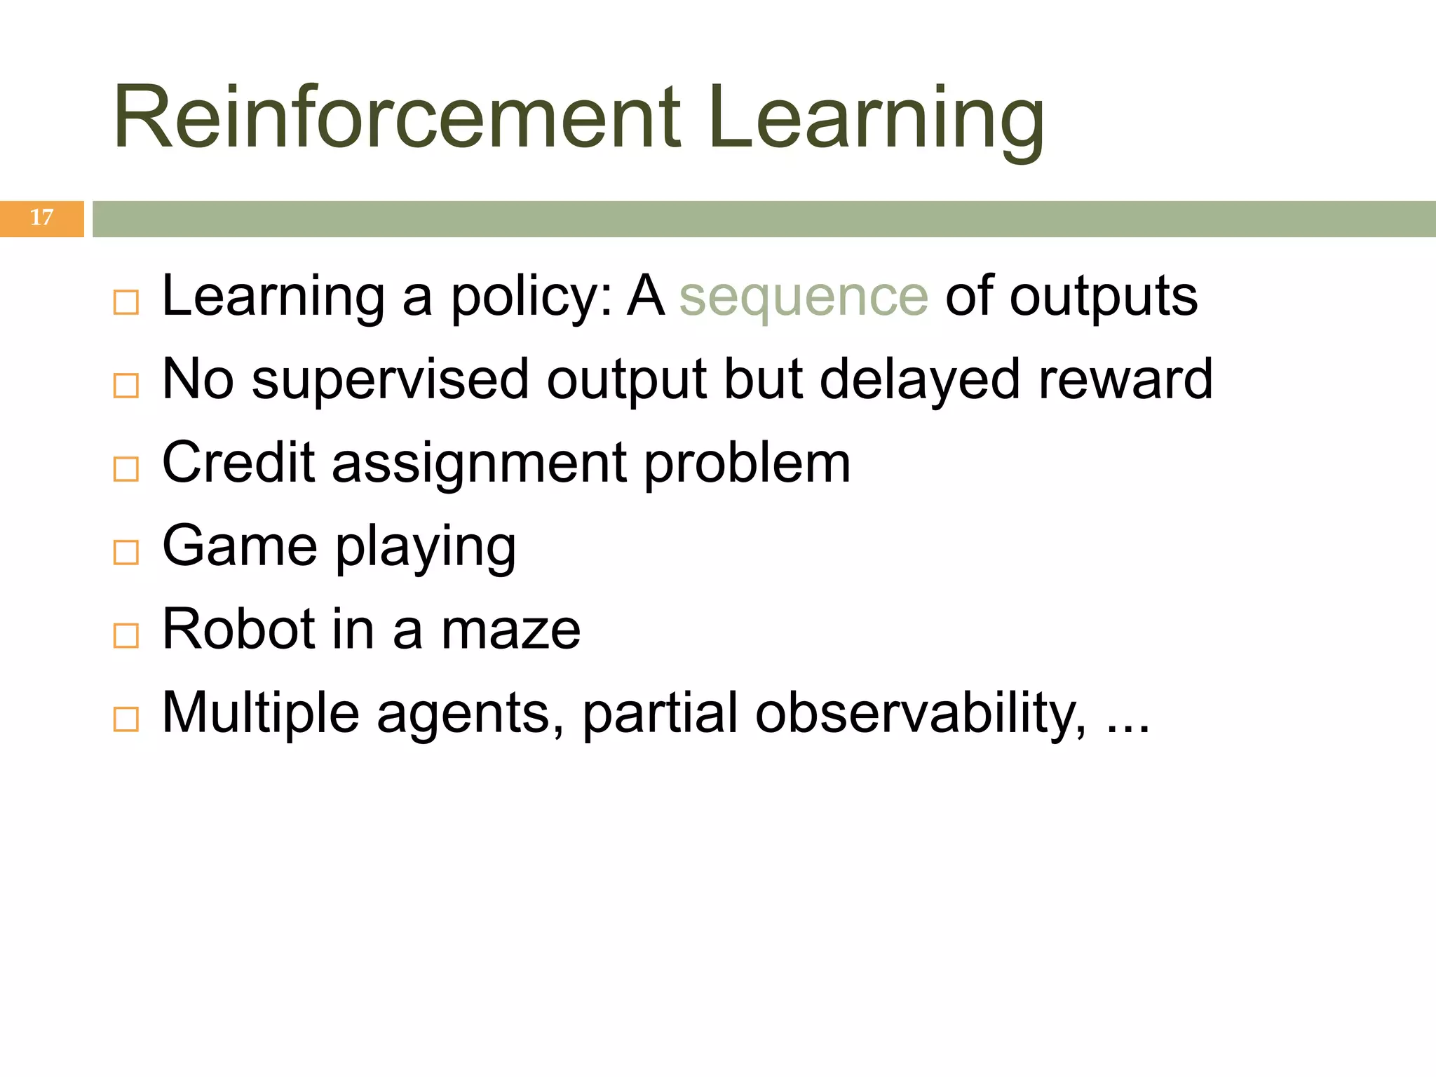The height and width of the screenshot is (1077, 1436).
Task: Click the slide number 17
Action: click(41, 218)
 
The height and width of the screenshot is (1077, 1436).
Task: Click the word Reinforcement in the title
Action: click(397, 117)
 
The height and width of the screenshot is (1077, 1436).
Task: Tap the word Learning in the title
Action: click(876, 117)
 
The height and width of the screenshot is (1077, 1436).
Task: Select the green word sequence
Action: click(804, 297)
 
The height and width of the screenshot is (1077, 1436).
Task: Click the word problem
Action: click(747, 464)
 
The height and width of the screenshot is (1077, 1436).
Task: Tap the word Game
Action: click(240, 546)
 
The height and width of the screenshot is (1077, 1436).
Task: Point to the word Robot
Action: click(238, 629)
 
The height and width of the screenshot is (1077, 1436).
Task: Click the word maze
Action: click(510, 630)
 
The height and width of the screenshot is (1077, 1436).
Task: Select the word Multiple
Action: click(260, 713)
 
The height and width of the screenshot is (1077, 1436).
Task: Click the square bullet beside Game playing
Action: click(126, 553)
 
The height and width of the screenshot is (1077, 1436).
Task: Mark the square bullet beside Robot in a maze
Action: click(126, 636)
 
